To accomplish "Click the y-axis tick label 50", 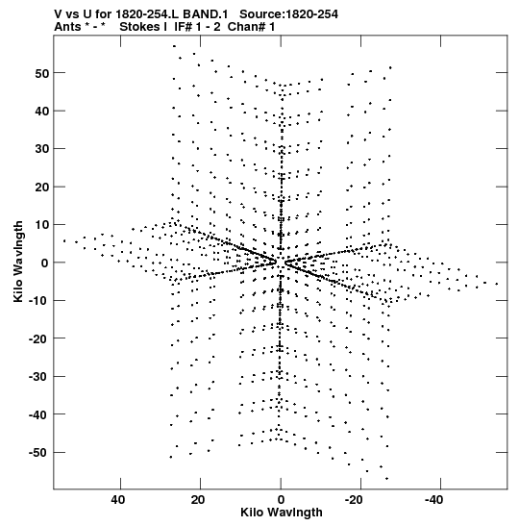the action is click(42, 73).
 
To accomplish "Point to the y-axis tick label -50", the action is click(39, 453).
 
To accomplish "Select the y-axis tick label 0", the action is click(45, 263).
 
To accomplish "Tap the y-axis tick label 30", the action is click(42, 149).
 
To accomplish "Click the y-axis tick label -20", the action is click(39, 338).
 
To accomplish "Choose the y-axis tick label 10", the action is click(42, 225).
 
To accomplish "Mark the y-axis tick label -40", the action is click(39, 415).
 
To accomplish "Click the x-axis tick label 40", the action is click(118, 500).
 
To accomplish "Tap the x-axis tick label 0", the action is click(281, 500).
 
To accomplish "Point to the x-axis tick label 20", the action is click(198, 500).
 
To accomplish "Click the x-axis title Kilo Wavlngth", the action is click(282, 513).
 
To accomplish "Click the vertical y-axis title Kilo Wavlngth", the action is click(18, 262).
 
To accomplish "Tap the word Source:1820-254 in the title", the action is click(288, 14).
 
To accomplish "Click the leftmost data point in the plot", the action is click(64, 240).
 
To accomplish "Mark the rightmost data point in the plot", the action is click(497, 284).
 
